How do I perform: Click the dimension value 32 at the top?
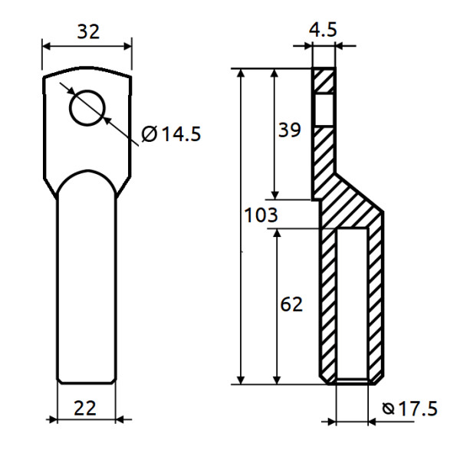pyautogui.click(x=87, y=32)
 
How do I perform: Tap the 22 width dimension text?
pyautogui.click(x=86, y=407)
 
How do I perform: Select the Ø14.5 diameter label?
pyautogui.click(x=171, y=134)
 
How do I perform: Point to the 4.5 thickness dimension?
pyautogui.click(x=324, y=30)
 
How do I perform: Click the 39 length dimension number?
pyautogui.click(x=289, y=130)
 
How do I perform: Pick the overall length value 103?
pyautogui.click(x=261, y=216)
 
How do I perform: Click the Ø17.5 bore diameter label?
pyautogui.click(x=409, y=409)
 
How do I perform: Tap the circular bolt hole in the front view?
pyautogui.click(x=87, y=107)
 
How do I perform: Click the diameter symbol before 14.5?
pyautogui.click(x=149, y=135)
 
